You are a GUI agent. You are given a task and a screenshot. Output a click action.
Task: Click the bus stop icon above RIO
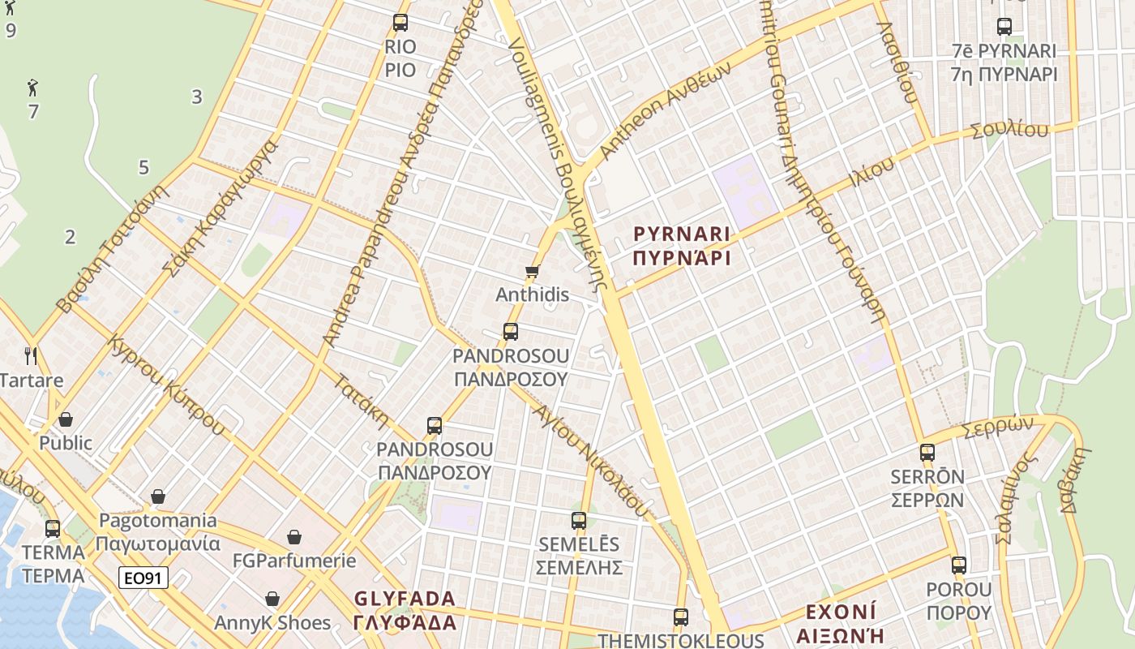[400, 23]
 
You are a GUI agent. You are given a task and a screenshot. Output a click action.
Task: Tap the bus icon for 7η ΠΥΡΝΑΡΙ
[1004, 27]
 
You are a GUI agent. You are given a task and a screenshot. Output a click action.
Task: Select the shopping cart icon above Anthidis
[532, 272]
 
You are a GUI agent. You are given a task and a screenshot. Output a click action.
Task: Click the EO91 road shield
[143, 578]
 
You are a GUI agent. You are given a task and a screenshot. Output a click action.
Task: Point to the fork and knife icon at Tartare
[31, 355]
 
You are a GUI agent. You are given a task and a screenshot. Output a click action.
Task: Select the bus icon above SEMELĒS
[578, 521]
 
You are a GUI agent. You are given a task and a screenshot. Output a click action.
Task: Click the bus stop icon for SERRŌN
[927, 453]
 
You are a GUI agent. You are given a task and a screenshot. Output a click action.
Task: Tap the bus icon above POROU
[959, 565]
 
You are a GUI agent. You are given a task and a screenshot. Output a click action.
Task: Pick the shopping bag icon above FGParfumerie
[294, 537]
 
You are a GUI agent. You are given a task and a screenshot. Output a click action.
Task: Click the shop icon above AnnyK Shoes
[272, 600]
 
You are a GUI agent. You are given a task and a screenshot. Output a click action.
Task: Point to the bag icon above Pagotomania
[158, 496]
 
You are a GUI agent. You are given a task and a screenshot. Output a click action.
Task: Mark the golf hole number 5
[143, 168]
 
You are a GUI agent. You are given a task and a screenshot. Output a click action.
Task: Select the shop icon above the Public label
[66, 419]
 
